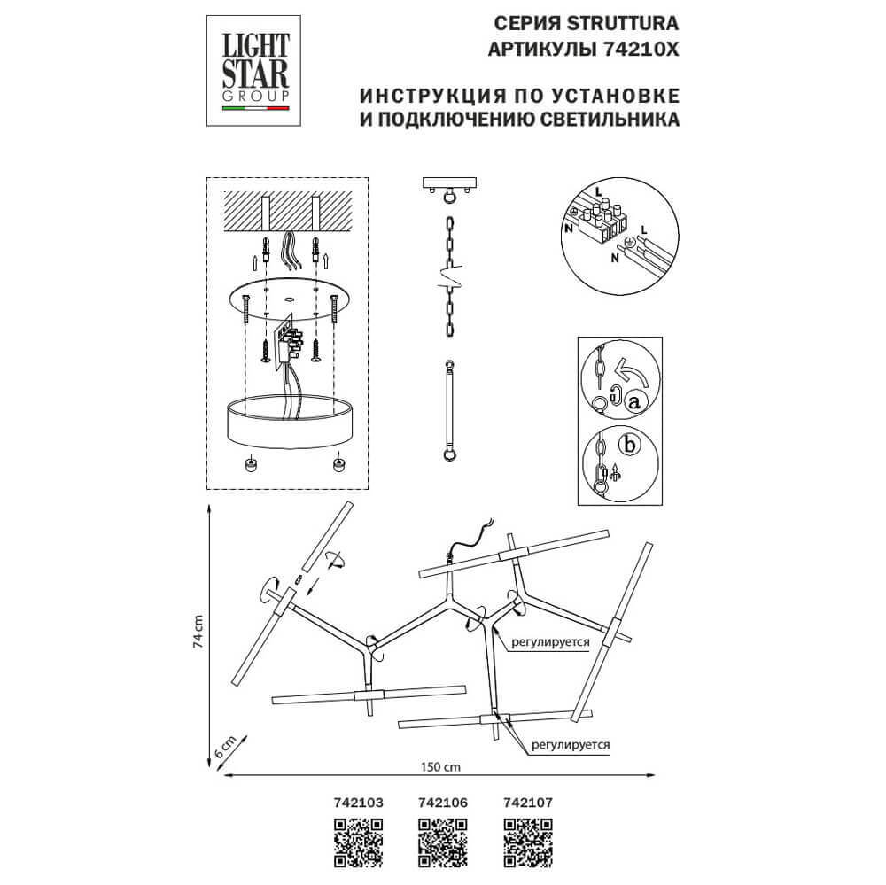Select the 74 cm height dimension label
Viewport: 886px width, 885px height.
(x=198, y=633)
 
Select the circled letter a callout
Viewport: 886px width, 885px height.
(x=633, y=401)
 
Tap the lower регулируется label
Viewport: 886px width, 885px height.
(x=572, y=746)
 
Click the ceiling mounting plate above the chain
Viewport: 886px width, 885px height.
(x=451, y=185)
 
